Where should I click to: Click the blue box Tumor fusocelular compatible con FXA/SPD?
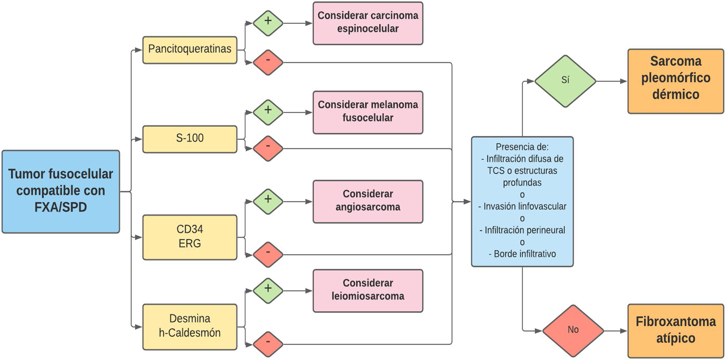(x=60, y=191)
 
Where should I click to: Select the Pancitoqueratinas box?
(x=190, y=50)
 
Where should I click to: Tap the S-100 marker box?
(x=190, y=139)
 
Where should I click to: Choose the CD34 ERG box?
(x=190, y=237)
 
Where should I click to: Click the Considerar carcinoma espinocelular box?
(x=368, y=23)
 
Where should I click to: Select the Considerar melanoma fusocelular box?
(x=368, y=112)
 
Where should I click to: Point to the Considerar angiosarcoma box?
(x=368, y=201)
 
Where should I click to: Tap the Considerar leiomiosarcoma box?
(x=368, y=290)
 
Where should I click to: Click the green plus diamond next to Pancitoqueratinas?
(x=268, y=23)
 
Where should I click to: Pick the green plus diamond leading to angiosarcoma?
(x=268, y=201)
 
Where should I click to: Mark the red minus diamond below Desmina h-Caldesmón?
(x=268, y=344)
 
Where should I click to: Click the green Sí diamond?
(x=565, y=81)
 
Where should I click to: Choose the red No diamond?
(x=573, y=330)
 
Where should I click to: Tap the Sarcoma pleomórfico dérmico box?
(x=676, y=81)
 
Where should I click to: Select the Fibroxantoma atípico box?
(x=676, y=330)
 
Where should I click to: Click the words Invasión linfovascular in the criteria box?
(x=525, y=206)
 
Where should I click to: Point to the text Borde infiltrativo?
(x=525, y=254)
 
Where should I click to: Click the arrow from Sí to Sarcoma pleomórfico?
(x=612, y=81)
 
